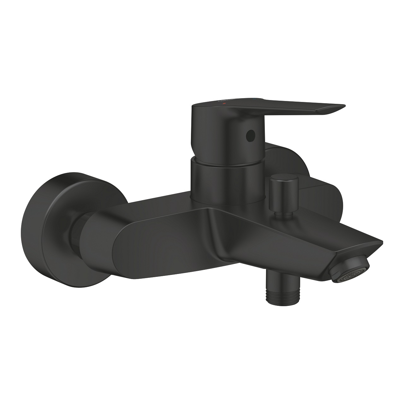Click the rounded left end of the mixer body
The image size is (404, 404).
101,240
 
